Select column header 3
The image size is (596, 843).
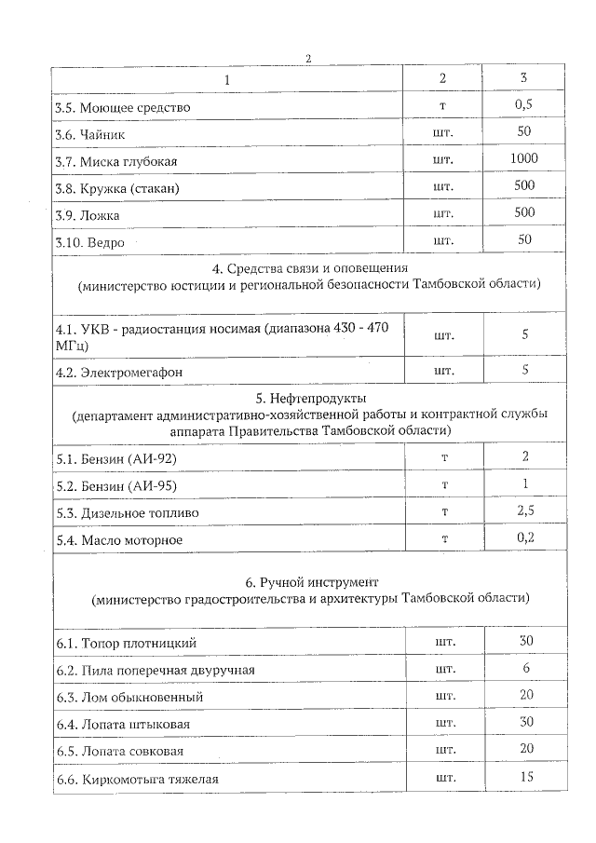click(x=524, y=78)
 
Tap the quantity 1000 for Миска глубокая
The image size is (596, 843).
click(x=524, y=159)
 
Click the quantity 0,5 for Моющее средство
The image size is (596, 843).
click(x=524, y=105)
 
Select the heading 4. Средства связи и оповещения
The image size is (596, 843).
click(x=309, y=269)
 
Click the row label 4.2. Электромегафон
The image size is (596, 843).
click(x=117, y=372)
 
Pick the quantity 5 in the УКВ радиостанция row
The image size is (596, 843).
click(x=524, y=334)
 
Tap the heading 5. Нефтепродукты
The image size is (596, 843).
click(x=309, y=399)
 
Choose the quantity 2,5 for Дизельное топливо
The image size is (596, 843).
click(x=524, y=511)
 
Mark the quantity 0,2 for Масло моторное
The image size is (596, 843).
click(x=524, y=538)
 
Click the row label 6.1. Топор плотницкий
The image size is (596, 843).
click(x=126, y=643)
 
